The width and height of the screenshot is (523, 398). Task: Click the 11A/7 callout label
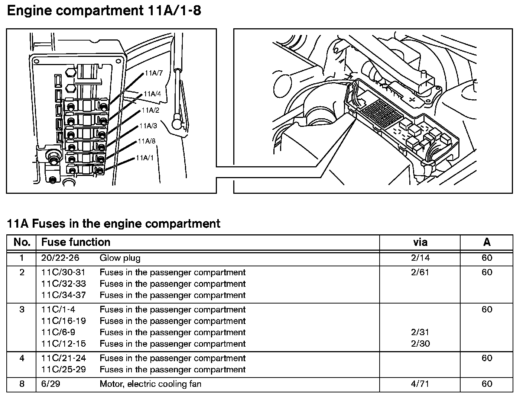click(x=154, y=73)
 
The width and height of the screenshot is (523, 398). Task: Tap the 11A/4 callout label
click(x=152, y=94)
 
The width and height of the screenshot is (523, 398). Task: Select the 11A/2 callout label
click(x=150, y=110)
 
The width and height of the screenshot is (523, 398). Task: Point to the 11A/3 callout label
click(x=148, y=126)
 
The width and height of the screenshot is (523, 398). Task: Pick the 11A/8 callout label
click(x=147, y=141)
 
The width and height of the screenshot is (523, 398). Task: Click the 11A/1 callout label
click(x=144, y=158)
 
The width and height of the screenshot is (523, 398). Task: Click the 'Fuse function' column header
click(x=76, y=243)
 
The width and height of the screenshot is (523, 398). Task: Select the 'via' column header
click(x=420, y=243)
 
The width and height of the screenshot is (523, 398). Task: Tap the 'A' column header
click(x=487, y=243)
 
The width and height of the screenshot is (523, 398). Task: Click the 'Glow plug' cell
click(x=120, y=258)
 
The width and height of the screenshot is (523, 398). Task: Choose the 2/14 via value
click(x=420, y=258)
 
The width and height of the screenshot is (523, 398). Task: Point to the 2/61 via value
click(x=420, y=272)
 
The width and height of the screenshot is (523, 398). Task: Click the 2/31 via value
click(x=420, y=332)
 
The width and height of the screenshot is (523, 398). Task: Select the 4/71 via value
click(x=420, y=384)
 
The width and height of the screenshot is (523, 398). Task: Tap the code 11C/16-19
click(x=64, y=321)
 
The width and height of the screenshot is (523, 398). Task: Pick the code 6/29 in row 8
click(x=51, y=384)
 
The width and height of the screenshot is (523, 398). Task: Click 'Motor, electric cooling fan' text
click(x=150, y=384)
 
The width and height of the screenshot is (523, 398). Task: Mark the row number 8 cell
click(x=22, y=384)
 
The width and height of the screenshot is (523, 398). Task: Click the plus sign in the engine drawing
click(x=412, y=99)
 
